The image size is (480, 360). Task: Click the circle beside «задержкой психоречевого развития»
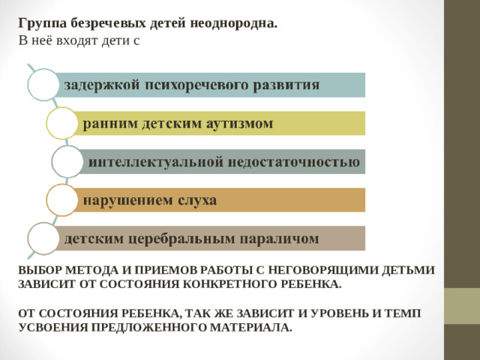43,84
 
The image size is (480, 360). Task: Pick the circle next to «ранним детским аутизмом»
61,123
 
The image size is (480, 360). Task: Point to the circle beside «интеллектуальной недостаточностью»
67,161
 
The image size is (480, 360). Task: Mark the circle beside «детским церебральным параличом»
43,238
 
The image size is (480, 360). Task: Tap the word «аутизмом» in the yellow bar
241,123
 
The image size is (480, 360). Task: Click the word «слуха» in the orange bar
197,200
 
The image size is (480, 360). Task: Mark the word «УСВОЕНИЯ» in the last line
48,328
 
